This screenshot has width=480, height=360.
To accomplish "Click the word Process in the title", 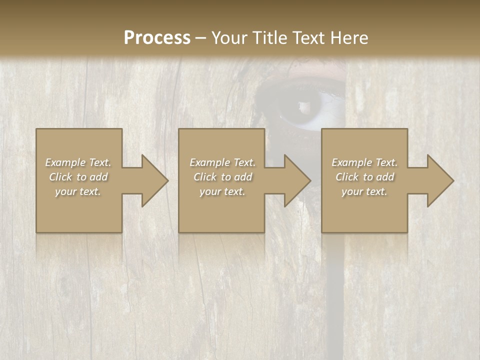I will pyautogui.click(x=157, y=37).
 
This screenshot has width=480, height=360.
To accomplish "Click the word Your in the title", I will pyautogui.click(x=230, y=37).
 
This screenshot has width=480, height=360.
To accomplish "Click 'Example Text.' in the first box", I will pyautogui.click(x=78, y=162).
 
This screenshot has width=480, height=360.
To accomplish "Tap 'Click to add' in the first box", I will pyautogui.click(x=78, y=177).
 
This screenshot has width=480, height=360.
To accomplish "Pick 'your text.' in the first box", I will pyautogui.click(x=78, y=191).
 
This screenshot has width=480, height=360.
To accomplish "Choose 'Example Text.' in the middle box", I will pyautogui.click(x=222, y=162).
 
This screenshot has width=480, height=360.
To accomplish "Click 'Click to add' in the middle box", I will pyautogui.click(x=222, y=177).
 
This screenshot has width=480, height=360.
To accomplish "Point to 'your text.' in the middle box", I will pyautogui.click(x=222, y=191).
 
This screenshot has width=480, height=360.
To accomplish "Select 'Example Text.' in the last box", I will pyautogui.click(x=364, y=162).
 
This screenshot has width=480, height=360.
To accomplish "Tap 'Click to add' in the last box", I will pyautogui.click(x=364, y=177).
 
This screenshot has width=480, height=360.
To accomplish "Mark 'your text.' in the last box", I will pyautogui.click(x=364, y=191).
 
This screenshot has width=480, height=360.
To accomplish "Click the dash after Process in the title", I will pyautogui.click(x=200, y=38).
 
